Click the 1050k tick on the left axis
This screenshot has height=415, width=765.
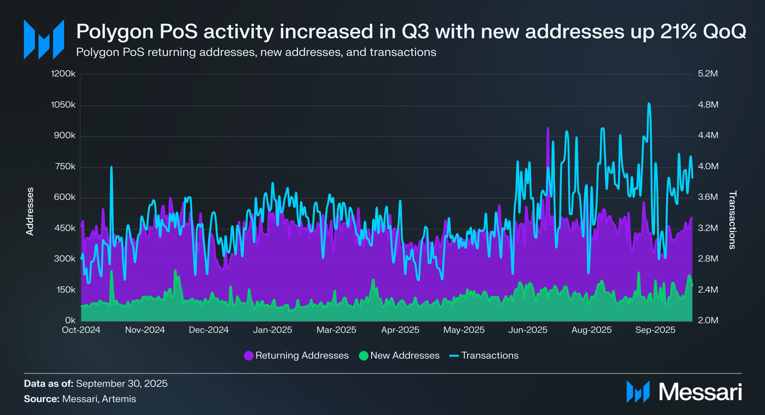[63, 105]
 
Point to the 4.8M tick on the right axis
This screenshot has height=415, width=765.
[708, 105]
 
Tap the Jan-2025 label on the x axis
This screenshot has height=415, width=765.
[272, 330]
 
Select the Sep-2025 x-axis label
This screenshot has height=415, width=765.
[655, 330]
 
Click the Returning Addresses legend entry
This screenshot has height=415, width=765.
[296, 355]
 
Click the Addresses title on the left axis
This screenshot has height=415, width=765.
[30, 211]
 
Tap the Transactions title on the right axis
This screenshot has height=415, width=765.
[732, 220]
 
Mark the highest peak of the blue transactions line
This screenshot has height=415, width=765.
[649, 104]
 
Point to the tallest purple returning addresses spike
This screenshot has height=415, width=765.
[548, 128]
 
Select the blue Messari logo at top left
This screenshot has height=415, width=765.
[44, 39]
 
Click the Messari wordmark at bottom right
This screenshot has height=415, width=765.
[700, 392]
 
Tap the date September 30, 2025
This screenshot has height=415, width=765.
[122, 384]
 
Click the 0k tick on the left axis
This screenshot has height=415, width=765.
[70, 320]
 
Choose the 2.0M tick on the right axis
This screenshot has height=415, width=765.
[708, 320]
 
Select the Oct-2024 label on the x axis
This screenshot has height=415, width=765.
[81, 330]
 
